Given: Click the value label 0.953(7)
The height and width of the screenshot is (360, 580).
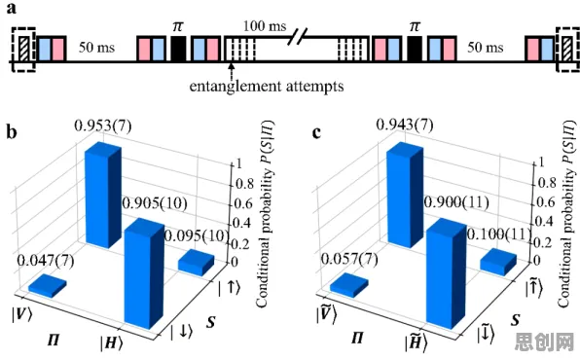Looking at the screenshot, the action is point(103,126).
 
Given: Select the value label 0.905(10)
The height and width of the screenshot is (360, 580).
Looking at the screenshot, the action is point(155,203).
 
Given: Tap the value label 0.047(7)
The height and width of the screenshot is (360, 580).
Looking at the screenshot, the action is point(46,261).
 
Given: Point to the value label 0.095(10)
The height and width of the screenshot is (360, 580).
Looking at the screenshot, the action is point(197,235).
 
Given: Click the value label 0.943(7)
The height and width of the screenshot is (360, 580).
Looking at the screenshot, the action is point(405,125).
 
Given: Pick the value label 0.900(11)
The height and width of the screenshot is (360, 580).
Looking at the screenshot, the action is point(456,202).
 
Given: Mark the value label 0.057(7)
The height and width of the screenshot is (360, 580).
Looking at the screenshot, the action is point(349,259).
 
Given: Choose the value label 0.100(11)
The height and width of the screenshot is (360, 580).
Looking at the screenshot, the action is point(499,234).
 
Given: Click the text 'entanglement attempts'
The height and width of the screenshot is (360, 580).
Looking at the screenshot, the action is point(267,87).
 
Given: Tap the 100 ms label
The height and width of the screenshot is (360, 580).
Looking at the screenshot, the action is point(265,25).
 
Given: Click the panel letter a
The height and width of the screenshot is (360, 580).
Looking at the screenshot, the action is point(12,8).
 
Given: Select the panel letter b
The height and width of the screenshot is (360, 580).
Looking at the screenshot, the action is point(12,131).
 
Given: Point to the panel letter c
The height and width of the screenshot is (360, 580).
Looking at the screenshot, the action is point(316,132).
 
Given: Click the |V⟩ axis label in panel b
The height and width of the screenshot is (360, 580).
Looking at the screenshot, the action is point(21,314).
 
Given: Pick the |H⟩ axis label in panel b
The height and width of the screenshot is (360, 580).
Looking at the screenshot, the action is point(111,343).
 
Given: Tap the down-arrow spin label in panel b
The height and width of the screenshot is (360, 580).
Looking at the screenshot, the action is point(181,332).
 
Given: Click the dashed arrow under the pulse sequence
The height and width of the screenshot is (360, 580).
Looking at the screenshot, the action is point(232,70).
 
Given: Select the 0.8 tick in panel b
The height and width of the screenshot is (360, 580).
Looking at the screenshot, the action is point(245,184).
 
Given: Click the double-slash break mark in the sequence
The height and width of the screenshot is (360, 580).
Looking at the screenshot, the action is point(298,37).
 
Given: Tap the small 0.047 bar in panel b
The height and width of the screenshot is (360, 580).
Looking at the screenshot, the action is point(48,286).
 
